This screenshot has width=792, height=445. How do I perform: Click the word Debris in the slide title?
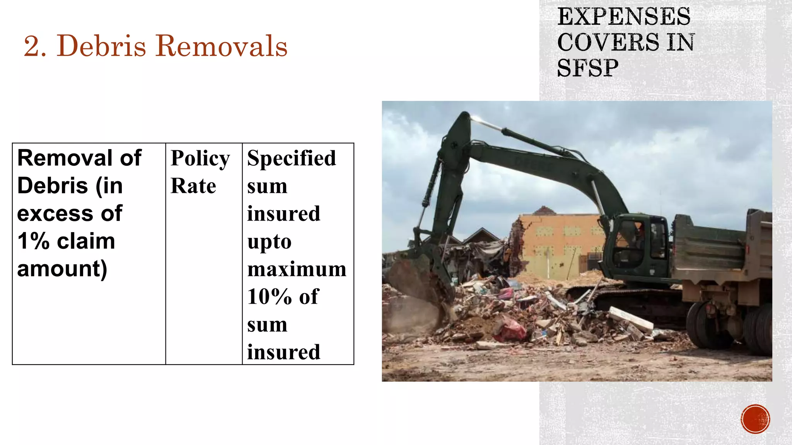tap(101, 46)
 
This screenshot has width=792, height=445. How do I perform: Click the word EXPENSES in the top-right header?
tap(623, 17)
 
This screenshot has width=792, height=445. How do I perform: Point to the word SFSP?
tap(587, 68)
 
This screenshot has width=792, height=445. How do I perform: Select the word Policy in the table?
tap(200, 158)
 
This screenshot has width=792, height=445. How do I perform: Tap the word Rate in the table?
tap(193, 186)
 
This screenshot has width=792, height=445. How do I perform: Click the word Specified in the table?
tap(292, 158)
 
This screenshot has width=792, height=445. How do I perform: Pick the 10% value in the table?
tap(269, 297)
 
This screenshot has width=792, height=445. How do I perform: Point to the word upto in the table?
tap(269, 242)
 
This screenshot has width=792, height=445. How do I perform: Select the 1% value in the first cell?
tap(33, 241)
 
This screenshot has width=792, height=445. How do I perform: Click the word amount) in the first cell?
tap(62, 269)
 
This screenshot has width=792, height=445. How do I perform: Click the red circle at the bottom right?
tap(755, 419)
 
